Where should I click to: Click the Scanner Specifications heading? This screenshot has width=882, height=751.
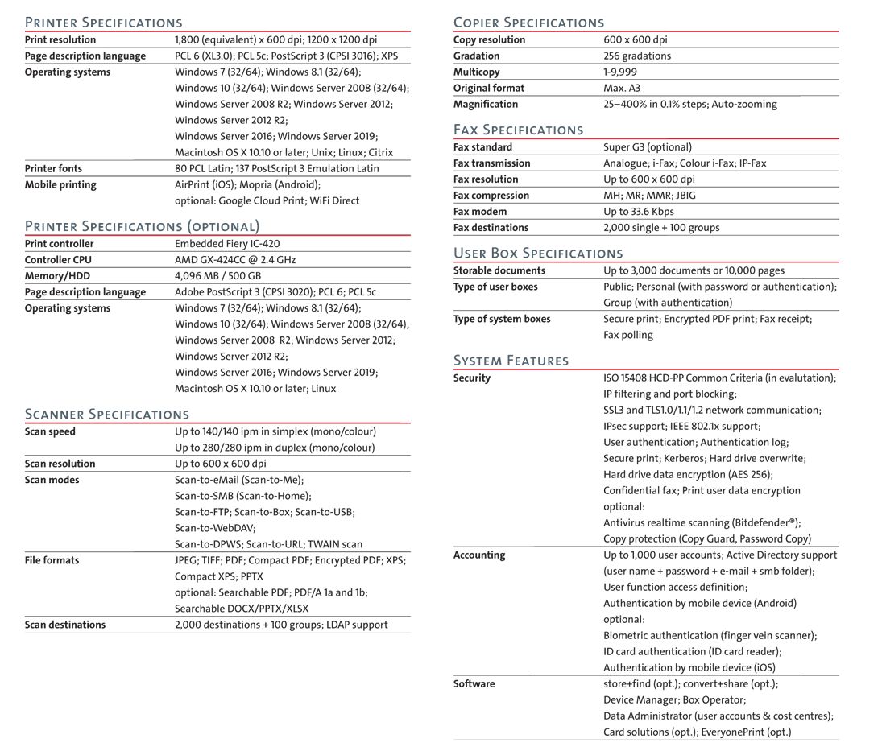[x=107, y=415]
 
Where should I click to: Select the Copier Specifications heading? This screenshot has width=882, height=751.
[x=528, y=23]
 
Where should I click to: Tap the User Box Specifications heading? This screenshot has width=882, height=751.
[x=538, y=254]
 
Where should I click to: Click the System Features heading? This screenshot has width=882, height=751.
[x=511, y=361]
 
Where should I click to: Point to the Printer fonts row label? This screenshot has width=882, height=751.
[x=53, y=169]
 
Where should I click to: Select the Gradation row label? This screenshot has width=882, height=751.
[x=476, y=56]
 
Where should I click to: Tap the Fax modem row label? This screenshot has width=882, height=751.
[x=481, y=212]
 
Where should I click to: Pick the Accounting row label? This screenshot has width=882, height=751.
[x=479, y=555]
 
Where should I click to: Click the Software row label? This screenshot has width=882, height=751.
[x=474, y=684]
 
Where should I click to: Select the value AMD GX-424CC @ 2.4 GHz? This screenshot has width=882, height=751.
[x=235, y=260]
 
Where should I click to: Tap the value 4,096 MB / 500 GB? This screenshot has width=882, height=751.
[x=218, y=276]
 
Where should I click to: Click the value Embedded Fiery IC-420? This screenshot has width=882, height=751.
[x=227, y=244]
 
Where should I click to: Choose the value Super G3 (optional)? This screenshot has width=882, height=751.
[x=648, y=147]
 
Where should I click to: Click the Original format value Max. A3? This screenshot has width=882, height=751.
[x=622, y=89]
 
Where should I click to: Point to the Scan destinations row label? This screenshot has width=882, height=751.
[x=65, y=625]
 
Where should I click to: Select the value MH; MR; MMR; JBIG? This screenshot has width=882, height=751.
[x=649, y=196]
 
